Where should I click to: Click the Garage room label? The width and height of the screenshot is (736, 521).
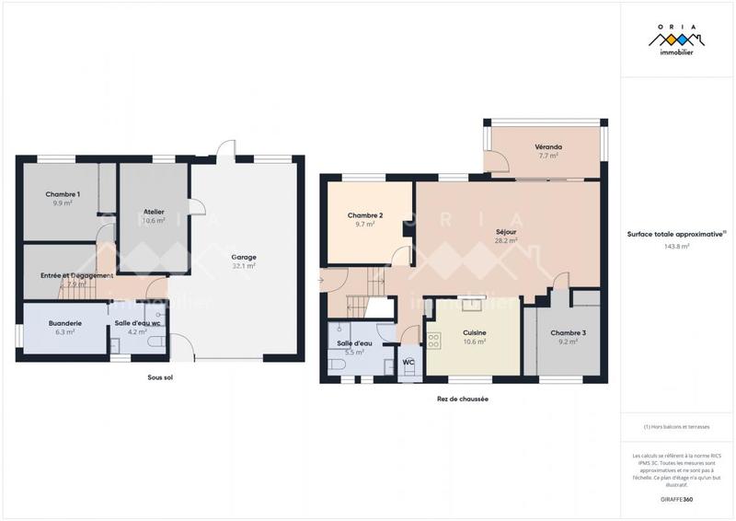click(x=244, y=257)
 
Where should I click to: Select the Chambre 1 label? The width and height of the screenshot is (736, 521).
click(x=63, y=194)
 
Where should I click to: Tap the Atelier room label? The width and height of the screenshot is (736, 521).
click(x=154, y=212)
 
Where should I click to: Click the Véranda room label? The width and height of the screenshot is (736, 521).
click(x=548, y=147)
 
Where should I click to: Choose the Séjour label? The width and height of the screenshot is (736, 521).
click(x=506, y=232)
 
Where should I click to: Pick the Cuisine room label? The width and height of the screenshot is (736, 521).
click(x=475, y=332)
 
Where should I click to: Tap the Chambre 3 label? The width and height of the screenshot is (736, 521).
click(x=568, y=332)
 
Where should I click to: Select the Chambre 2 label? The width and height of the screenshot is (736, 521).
click(x=365, y=215)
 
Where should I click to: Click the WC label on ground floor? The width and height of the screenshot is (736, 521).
click(x=408, y=363)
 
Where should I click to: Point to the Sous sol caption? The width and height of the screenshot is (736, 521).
click(x=160, y=378)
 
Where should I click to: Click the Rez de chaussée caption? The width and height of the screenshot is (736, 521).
click(x=462, y=399)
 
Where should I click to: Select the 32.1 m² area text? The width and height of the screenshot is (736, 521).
click(x=244, y=265)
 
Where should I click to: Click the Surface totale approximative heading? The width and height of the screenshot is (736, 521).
click(x=676, y=234)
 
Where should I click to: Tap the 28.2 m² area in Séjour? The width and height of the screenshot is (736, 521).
click(x=506, y=240)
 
